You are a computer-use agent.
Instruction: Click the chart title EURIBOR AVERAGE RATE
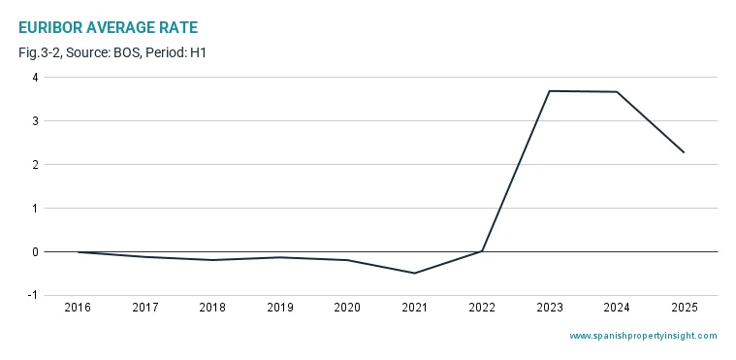pos(109,28)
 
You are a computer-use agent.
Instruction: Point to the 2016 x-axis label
pos(78,308)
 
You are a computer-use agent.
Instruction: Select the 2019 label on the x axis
pos(280,308)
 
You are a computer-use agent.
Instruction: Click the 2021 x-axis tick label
pos(415,308)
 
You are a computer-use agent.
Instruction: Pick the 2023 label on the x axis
pos(550,308)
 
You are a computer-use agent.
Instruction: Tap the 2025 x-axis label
pos(685,308)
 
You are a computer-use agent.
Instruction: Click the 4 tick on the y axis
pos(35,77)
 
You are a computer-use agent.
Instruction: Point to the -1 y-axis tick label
pos(32,296)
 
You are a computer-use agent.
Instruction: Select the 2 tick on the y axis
pos(35,165)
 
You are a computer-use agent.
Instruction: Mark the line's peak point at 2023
pos(550,90)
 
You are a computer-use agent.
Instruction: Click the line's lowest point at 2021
pos(415,273)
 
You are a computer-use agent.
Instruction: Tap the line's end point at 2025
pos(684,152)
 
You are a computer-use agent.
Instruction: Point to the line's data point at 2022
pos(482,251)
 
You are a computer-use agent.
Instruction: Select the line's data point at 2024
pos(617,91)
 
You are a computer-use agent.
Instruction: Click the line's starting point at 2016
pos(78,252)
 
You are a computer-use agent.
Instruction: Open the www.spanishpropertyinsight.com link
pos(644,336)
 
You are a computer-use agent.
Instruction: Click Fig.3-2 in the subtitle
pos(39,52)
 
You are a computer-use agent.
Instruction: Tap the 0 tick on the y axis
pos(35,252)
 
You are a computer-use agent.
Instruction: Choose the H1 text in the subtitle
pos(199,52)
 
